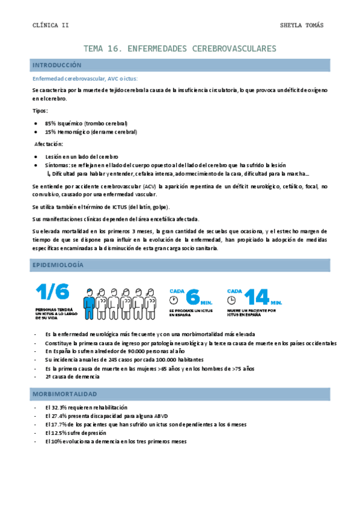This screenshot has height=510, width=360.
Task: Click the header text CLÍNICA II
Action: (50, 25)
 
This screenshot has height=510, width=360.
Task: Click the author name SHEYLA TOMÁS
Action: (302, 25)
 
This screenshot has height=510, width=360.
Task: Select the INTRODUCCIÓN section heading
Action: (56, 64)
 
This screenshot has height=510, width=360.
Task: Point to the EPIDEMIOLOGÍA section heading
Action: (58, 265)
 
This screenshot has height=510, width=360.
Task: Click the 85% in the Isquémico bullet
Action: (50, 122)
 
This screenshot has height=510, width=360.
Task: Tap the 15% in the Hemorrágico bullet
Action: (50, 132)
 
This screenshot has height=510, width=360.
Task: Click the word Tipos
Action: (40, 111)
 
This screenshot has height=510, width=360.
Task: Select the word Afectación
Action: (49, 144)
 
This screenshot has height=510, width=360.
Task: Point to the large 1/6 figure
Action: (52, 292)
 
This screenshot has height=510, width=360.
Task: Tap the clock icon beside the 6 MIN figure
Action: (174, 299)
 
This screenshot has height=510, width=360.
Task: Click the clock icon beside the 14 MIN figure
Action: (231, 299)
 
